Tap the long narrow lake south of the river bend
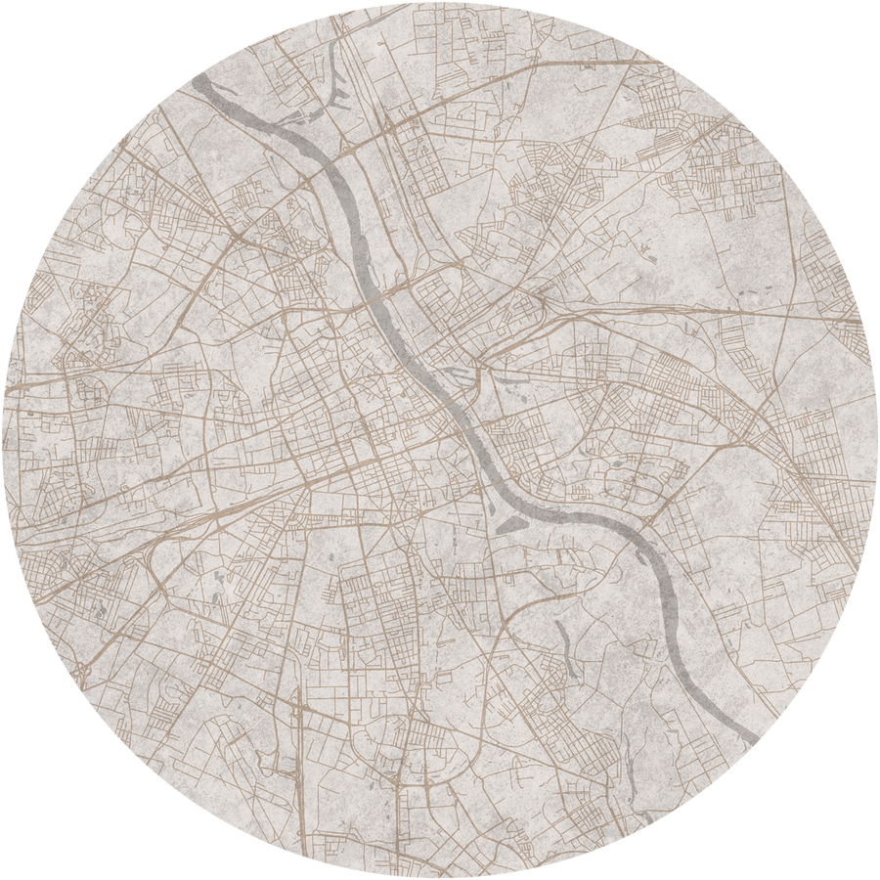point(564,640)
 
